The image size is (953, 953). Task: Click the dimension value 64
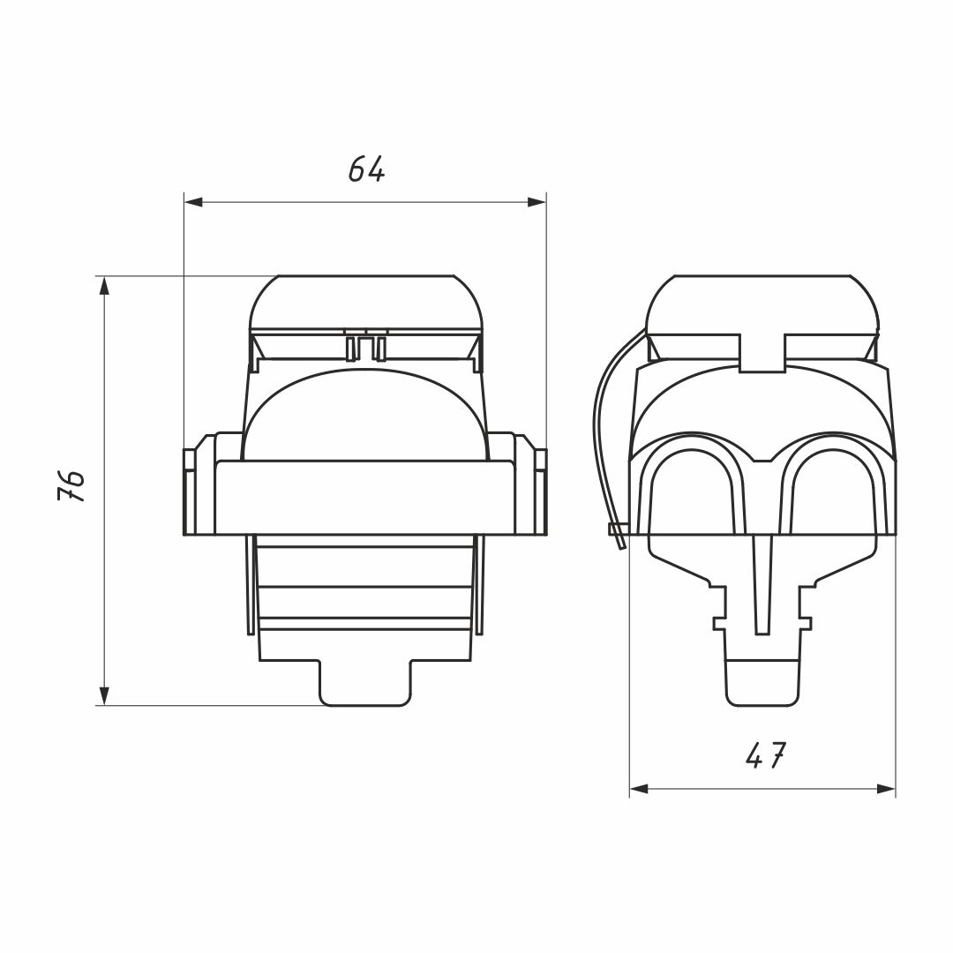pyautogui.click(x=366, y=169)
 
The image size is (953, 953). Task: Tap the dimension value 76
pyautogui.click(x=71, y=485)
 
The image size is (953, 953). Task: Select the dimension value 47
pyautogui.click(x=765, y=755)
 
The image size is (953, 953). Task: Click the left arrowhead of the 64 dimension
pyautogui.click(x=193, y=202)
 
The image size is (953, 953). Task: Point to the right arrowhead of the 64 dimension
pyautogui.click(x=537, y=202)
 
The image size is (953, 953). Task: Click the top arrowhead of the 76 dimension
pyautogui.click(x=104, y=286)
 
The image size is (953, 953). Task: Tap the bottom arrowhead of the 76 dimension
pyautogui.click(x=104, y=696)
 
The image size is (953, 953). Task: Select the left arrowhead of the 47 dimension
pyautogui.click(x=639, y=790)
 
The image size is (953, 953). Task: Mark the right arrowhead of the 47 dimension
pyautogui.click(x=886, y=790)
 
